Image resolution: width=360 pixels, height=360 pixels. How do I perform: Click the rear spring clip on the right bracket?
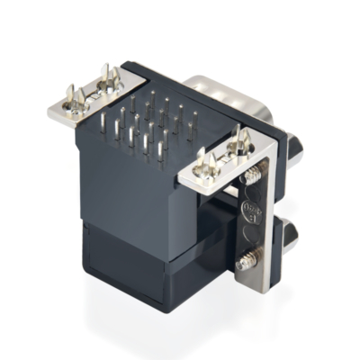(x=240, y=139)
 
